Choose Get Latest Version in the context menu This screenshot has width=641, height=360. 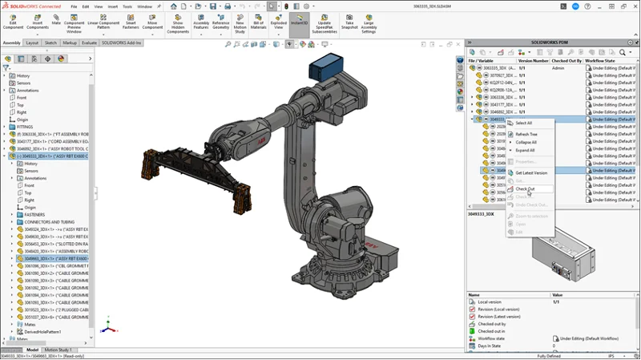click(x=531, y=172)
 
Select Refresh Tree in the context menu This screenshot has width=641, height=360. click(x=526, y=134)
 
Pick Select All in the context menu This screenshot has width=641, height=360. click(x=523, y=123)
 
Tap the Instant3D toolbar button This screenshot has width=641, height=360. click(x=298, y=24)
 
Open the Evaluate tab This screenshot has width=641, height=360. click(x=89, y=42)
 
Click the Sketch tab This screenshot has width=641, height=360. click(x=50, y=42)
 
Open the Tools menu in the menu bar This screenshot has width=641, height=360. click(x=127, y=6)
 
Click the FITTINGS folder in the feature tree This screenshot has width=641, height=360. click(x=27, y=127)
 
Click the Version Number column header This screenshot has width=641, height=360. click(x=534, y=60)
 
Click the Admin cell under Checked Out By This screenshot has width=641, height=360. click(x=558, y=69)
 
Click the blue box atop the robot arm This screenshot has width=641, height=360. click(x=325, y=65)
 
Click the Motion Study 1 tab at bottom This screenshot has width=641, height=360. click(x=61, y=350)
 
